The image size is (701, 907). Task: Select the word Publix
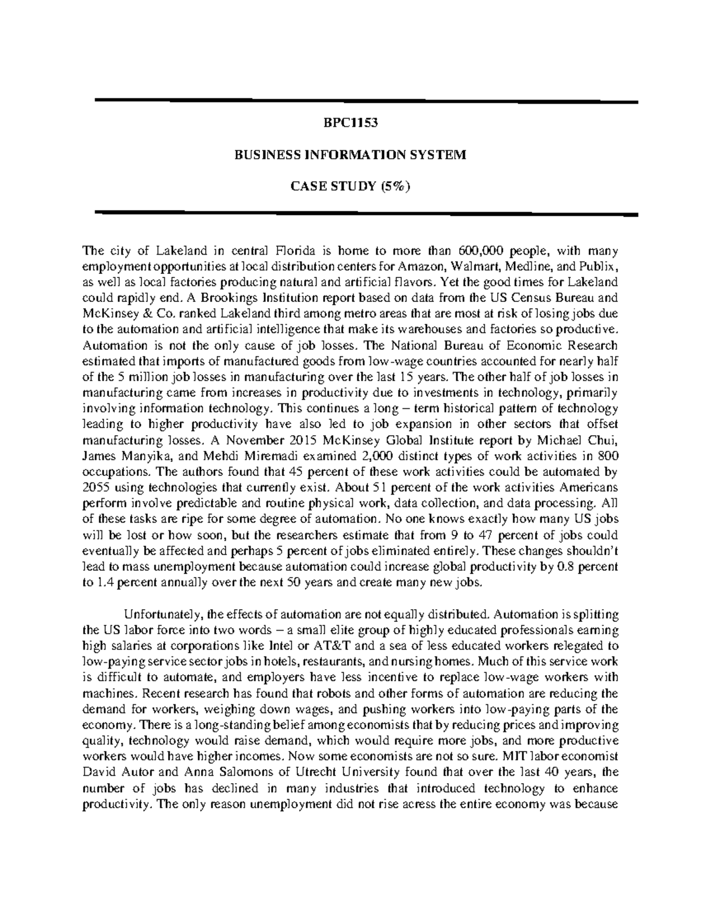point(600,267)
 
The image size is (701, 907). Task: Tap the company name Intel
point(280,646)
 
